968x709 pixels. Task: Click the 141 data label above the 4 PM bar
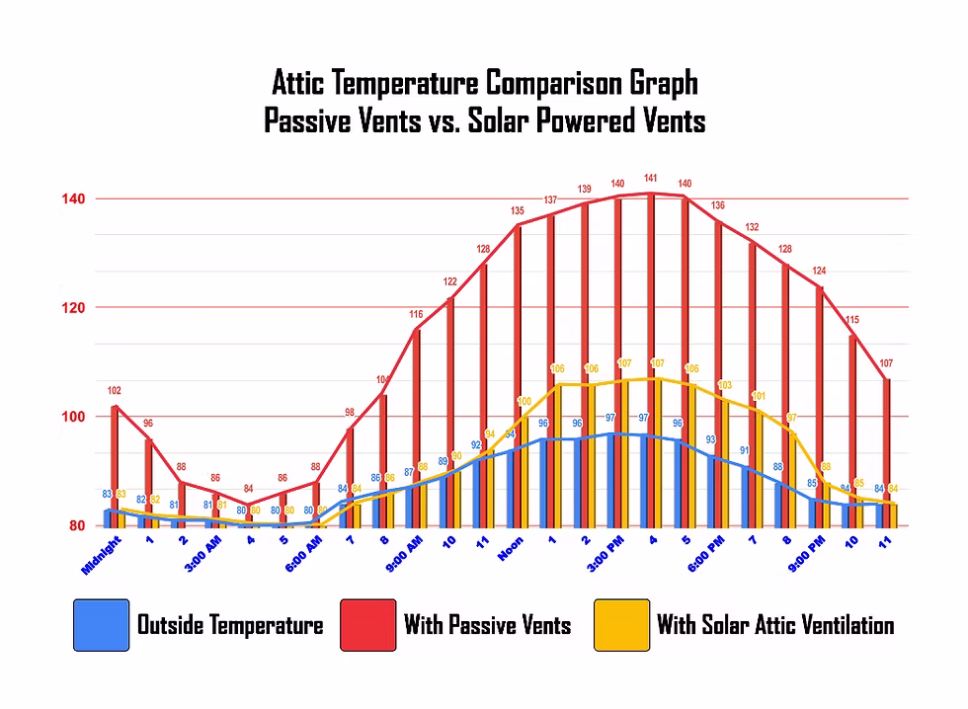click(x=650, y=179)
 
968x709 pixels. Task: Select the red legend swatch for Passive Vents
click(x=367, y=625)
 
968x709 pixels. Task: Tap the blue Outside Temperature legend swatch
click(x=101, y=625)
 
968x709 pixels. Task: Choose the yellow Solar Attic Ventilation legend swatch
click(x=621, y=625)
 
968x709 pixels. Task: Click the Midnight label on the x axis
click(x=101, y=555)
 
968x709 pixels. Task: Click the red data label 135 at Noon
click(x=517, y=210)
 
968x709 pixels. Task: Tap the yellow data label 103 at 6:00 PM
click(x=724, y=385)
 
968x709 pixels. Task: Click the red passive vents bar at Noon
click(x=517, y=375)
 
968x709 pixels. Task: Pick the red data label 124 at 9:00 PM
click(x=819, y=271)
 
